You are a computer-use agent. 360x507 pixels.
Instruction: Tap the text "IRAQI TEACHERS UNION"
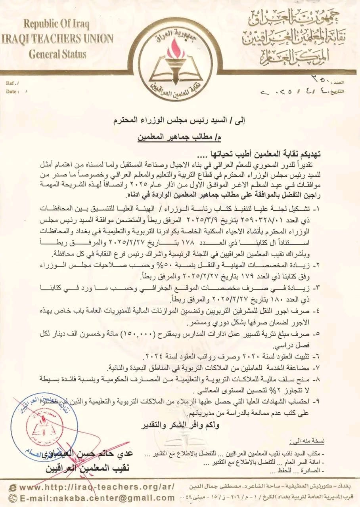point(57,39)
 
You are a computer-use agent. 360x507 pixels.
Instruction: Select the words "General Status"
point(57,54)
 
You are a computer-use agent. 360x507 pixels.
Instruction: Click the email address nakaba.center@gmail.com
point(97,498)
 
